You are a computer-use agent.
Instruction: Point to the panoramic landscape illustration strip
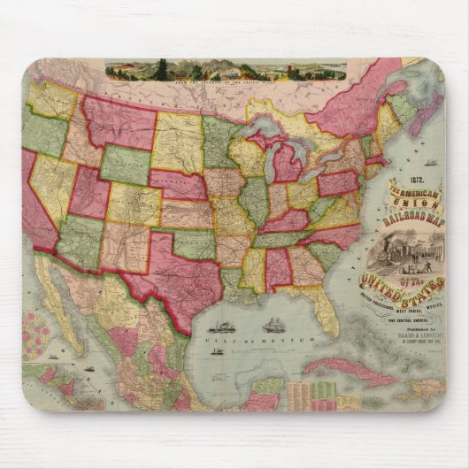pos(226,69)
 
